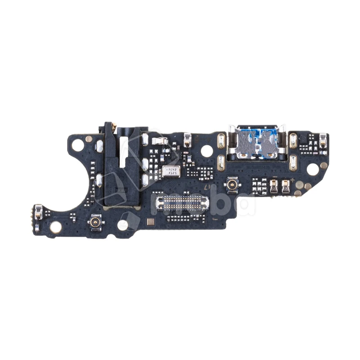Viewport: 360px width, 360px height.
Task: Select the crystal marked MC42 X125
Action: [172, 171]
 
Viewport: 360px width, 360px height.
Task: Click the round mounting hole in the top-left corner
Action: [78, 145]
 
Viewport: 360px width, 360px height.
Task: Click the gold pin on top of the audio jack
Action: [115, 127]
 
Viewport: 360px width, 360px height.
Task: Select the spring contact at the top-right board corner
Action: [323, 138]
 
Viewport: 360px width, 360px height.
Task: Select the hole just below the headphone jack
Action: [123, 224]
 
